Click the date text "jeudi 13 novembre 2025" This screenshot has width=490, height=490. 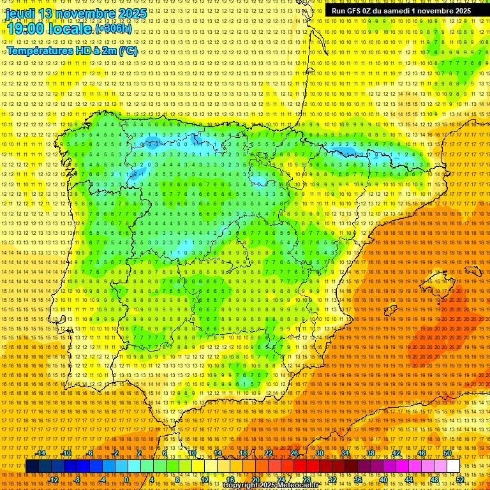pyautogui.click(x=77, y=13)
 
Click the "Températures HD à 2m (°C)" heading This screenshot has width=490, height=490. pyautogui.click(x=72, y=51)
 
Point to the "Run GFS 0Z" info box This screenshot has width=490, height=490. pyautogui.click(x=401, y=11)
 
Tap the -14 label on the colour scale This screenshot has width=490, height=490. pyautogui.click(x=41, y=453)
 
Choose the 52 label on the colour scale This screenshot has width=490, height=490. pyautogui.click(x=460, y=479)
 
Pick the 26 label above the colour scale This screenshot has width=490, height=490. pyautogui.click(x=294, y=453)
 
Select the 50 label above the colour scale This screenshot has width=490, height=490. pyautogui.click(x=447, y=453)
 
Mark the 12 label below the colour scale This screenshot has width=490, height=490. pyautogui.click(x=205, y=479)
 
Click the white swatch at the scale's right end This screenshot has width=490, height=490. pyautogui.click(x=454, y=466)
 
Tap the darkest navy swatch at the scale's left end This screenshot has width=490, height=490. pyautogui.click(x=32, y=466)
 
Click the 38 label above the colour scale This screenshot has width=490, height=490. pyautogui.click(x=371, y=453)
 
